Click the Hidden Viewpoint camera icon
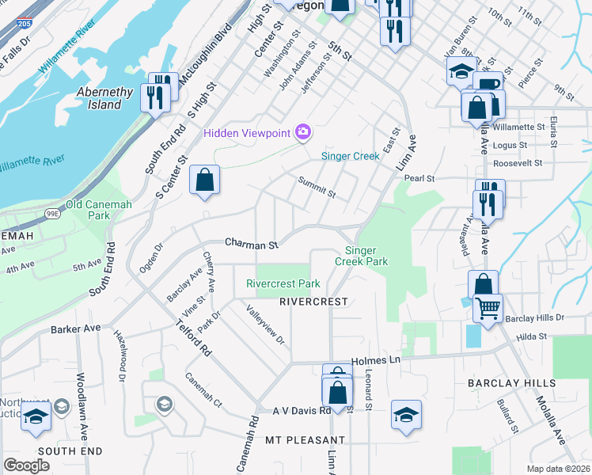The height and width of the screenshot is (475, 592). (x=302, y=132)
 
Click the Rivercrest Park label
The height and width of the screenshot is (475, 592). (x=283, y=283)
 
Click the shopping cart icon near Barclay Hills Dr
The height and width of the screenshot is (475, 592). (x=488, y=306)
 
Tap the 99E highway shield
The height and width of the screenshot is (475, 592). (x=53, y=213)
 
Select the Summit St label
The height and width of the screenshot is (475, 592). (x=317, y=188)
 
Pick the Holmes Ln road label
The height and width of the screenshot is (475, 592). (x=383, y=360)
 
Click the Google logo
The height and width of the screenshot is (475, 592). (x=27, y=465)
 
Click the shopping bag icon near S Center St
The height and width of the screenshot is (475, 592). (x=205, y=180)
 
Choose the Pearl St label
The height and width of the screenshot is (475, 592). (x=419, y=179)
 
